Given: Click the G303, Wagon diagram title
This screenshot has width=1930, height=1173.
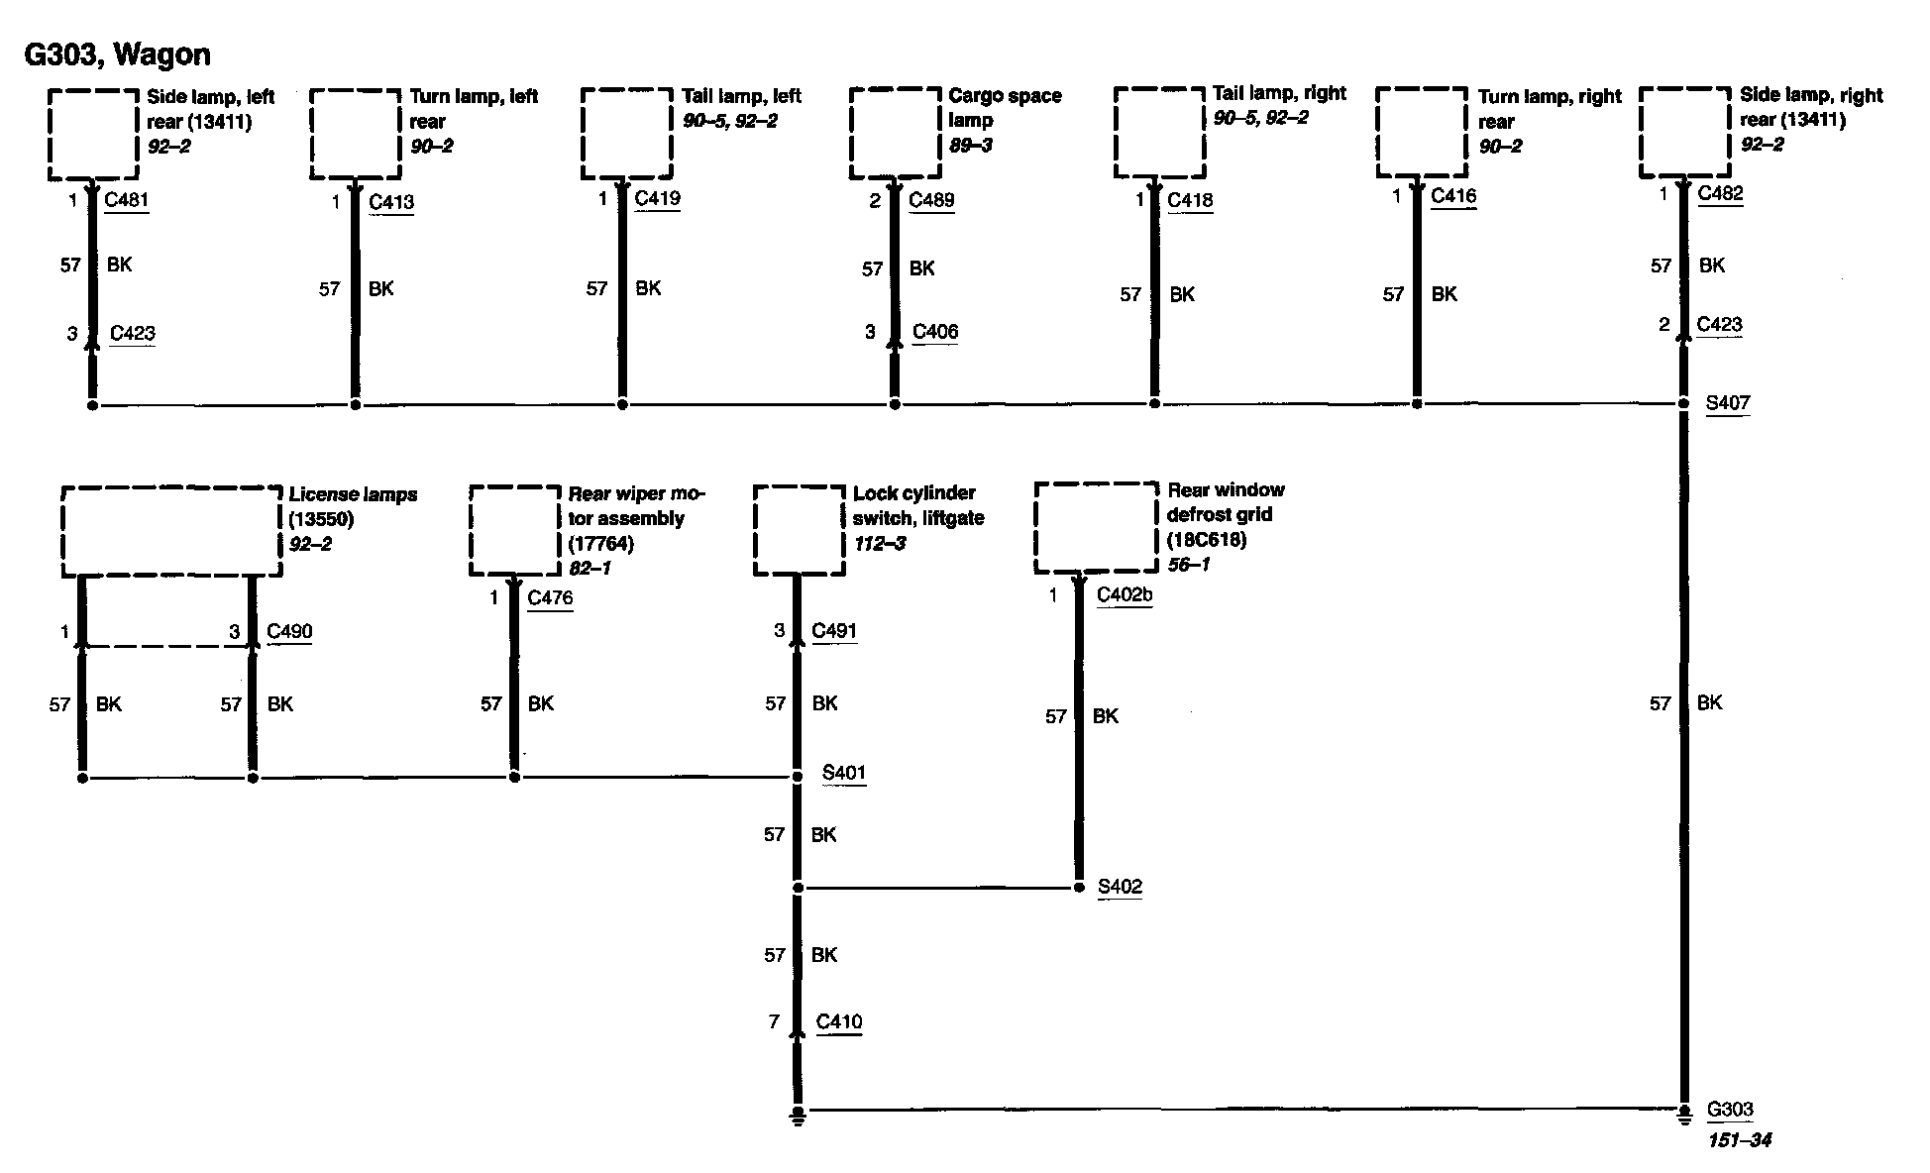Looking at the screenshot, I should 117,54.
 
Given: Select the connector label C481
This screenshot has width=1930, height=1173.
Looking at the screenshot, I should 126,200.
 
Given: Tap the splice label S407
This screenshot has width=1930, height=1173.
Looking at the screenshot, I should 1727,403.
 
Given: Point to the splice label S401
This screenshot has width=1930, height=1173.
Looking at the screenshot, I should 844,773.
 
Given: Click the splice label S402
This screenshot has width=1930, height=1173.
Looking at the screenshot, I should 1120,887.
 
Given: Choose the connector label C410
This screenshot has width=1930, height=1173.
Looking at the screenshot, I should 839,1022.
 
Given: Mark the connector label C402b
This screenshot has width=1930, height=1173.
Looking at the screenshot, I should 1125,595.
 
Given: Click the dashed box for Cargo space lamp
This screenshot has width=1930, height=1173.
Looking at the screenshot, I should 895,134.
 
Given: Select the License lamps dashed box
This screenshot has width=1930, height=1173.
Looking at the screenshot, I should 171,531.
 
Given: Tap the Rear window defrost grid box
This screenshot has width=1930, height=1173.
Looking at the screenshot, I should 1096,527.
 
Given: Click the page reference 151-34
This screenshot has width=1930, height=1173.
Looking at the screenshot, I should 1739,1140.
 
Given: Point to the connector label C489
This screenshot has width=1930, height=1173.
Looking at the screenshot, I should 931,200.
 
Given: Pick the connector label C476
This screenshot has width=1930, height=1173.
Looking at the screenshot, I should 550,597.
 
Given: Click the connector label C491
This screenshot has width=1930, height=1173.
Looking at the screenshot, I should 834,631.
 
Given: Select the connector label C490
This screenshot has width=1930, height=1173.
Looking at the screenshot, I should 289,631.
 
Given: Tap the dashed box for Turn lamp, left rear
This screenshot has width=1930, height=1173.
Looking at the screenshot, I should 355,135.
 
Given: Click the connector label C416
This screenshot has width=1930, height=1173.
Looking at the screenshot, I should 1453,196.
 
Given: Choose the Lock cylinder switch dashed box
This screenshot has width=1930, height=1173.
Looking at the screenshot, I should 799,530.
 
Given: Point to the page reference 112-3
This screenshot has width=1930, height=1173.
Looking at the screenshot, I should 879,544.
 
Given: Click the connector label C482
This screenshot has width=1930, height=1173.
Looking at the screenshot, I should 1720,193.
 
